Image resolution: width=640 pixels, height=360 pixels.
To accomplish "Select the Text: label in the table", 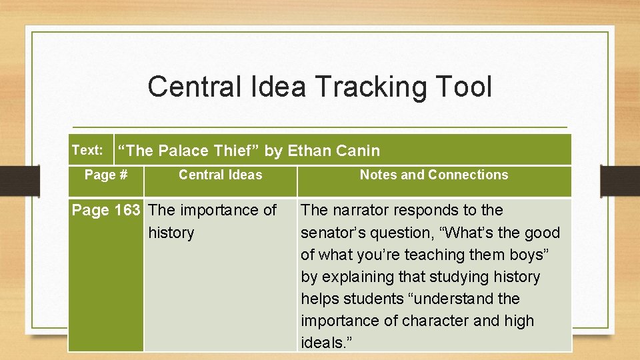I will pos(87,150).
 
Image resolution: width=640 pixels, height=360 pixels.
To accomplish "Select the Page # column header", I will pos(106,175).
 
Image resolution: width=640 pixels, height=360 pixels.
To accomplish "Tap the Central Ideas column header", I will pos(221,175).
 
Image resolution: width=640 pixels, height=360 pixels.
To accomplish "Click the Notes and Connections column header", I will pos(434,175).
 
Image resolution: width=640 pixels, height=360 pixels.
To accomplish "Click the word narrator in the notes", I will pos(361,210).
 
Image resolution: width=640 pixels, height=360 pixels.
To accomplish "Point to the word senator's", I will pos(334,233).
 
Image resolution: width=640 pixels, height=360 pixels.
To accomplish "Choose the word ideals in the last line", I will pos(322,343).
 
